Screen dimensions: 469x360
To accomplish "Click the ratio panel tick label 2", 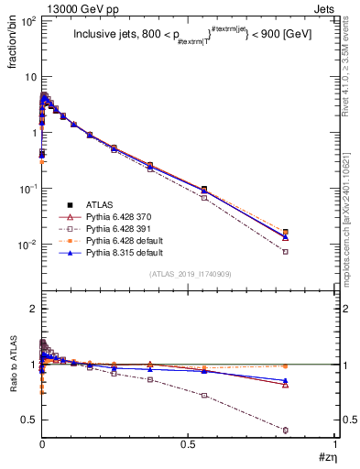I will point(32,309).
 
